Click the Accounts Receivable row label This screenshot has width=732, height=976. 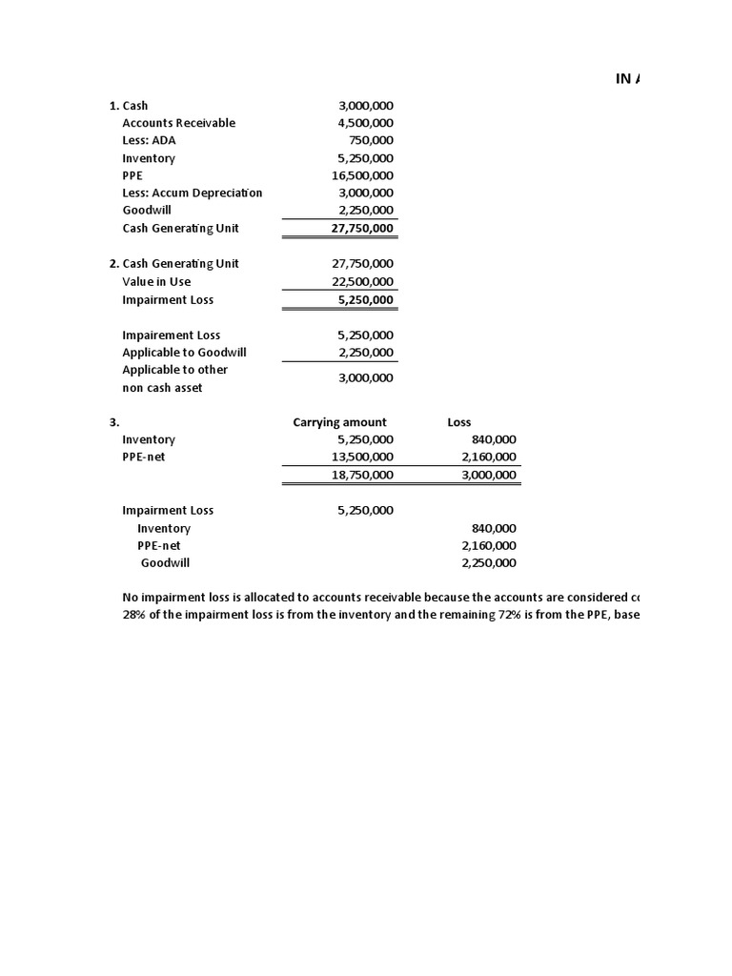(178, 123)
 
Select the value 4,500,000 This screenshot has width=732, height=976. (365, 123)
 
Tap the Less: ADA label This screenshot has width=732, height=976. (149, 140)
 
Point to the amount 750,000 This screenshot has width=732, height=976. (373, 140)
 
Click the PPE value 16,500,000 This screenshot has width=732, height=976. (362, 175)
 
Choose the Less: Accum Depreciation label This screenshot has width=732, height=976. (192, 193)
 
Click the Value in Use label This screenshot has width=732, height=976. (156, 281)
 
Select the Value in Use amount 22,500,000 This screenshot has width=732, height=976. (362, 281)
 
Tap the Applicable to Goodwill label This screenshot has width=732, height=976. (184, 352)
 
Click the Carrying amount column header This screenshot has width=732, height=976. (339, 422)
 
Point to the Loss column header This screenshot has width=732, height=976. (458, 422)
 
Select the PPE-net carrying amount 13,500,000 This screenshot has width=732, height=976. (362, 457)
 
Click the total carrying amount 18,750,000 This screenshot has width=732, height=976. (362, 475)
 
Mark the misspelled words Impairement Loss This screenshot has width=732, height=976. (171, 335)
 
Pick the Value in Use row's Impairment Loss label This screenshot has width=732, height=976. (168, 299)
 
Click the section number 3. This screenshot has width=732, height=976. (113, 422)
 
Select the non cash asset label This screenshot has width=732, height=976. (162, 388)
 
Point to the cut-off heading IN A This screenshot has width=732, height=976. (628, 79)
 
